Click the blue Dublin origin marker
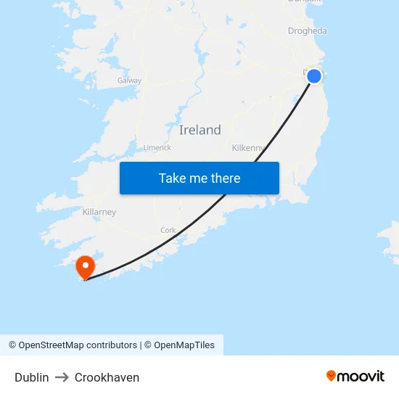(313, 76)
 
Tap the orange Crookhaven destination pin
(86, 266)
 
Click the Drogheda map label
(307, 31)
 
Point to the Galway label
(129, 81)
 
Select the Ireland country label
(199, 131)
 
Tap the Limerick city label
(157, 147)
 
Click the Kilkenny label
(247, 148)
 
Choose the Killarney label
(99, 213)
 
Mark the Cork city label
(168, 231)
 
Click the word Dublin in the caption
(32, 377)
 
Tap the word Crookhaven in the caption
(107, 377)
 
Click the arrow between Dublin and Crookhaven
(62, 377)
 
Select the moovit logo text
(361, 377)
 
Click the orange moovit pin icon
(331, 376)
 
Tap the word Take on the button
(173, 178)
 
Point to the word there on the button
(224, 178)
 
